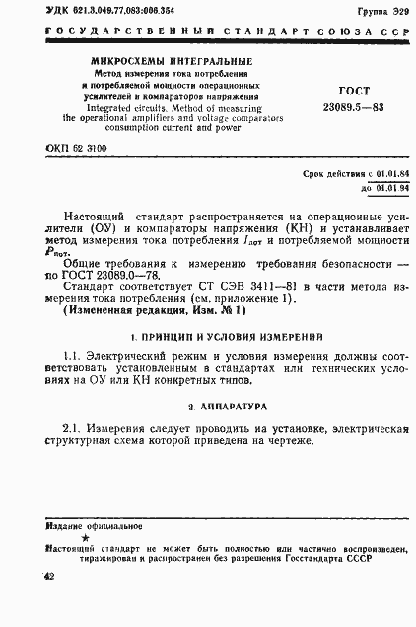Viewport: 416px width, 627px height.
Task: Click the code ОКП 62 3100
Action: pos(77,148)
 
